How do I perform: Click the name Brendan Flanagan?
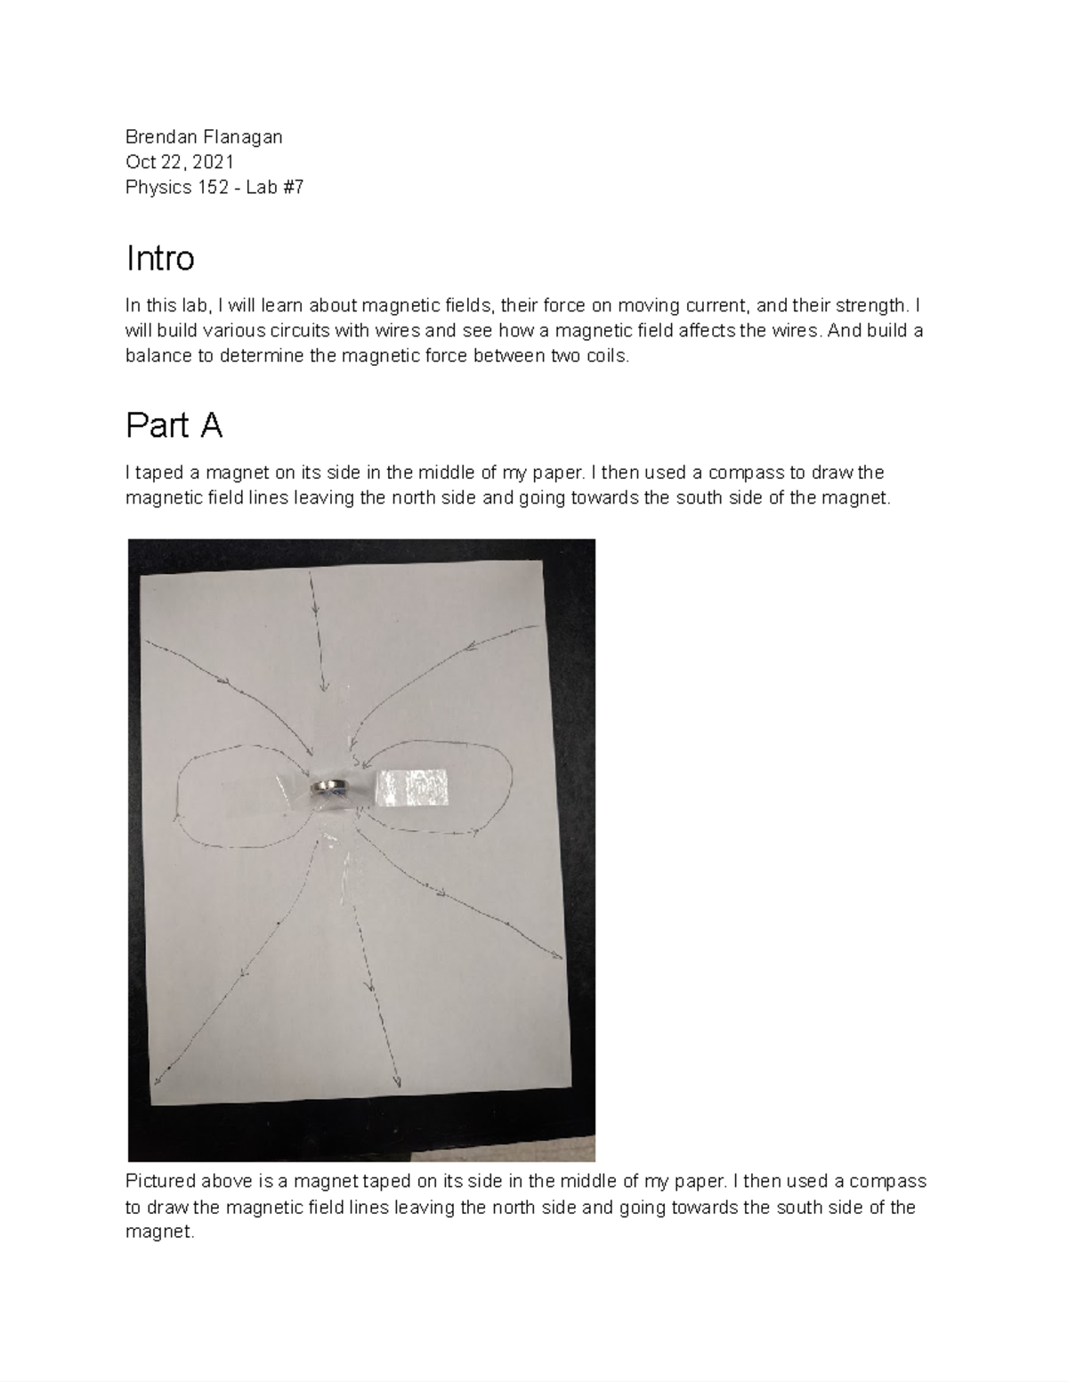tap(204, 136)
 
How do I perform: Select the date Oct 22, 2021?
tap(180, 162)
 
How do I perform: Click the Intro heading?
tap(160, 259)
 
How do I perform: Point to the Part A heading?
tap(174, 426)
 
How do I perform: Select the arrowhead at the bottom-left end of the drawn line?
tap(158, 1080)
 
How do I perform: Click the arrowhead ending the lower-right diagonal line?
tap(559, 957)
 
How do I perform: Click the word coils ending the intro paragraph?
tap(608, 356)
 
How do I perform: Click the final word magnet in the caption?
tap(158, 1232)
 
